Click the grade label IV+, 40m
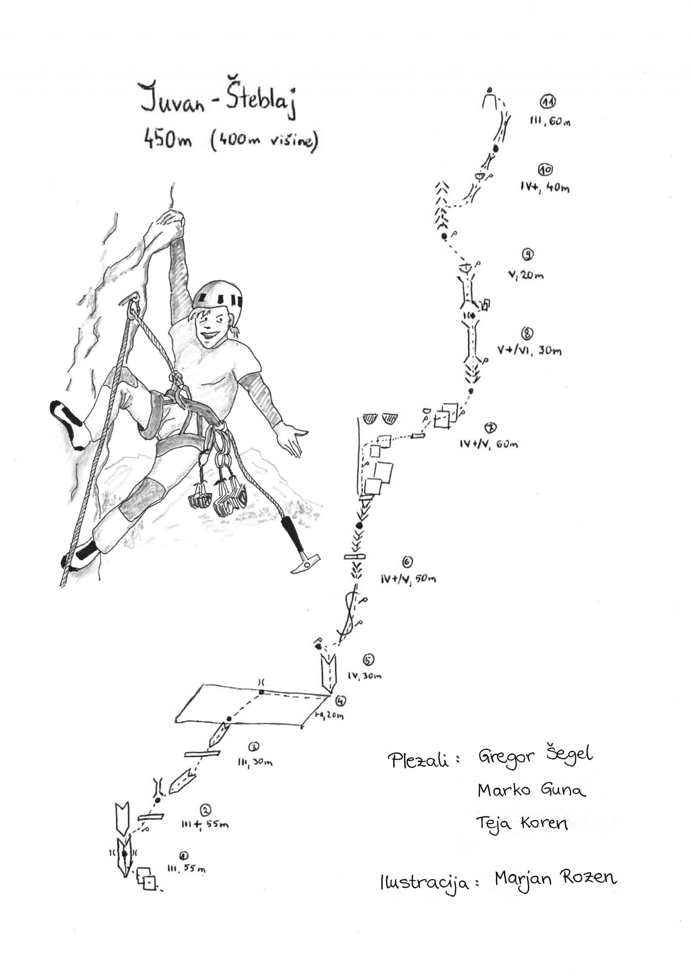pyautogui.click(x=544, y=187)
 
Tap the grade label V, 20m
pyautogui.click(x=526, y=275)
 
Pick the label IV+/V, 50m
pyautogui.click(x=409, y=578)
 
